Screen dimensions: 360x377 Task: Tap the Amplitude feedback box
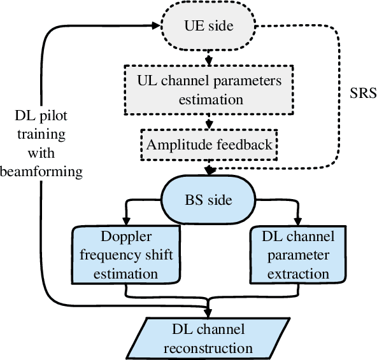(209, 144)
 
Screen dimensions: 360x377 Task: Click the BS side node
(209, 199)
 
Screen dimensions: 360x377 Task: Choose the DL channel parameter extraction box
(296, 254)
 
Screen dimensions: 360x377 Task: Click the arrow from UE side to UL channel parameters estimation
(209, 57)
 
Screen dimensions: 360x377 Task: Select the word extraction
(296, 274)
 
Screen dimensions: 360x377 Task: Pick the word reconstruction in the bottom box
(209, 348)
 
